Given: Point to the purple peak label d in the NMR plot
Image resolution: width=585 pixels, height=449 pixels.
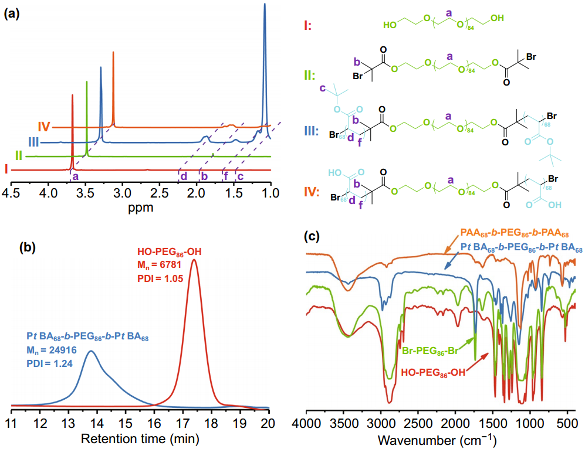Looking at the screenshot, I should coord(183,175).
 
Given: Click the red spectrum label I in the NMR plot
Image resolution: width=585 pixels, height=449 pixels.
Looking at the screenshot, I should coord(5,169).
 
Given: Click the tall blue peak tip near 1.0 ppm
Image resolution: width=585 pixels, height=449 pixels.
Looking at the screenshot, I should coord(265,5).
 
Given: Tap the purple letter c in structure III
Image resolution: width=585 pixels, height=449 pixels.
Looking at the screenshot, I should coord(322,89).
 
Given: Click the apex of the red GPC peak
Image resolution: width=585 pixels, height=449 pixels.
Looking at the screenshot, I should coord(194,260).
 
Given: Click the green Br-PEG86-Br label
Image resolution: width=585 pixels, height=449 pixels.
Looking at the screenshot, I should coord(430,352).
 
